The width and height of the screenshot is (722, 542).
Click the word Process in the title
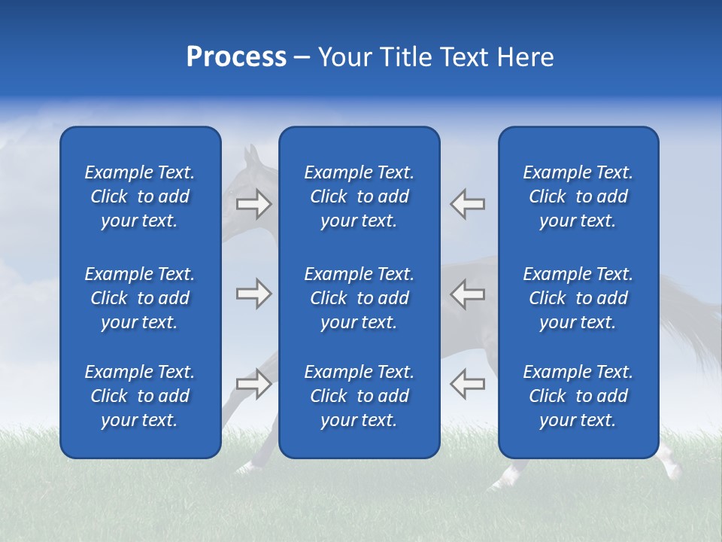[236, 57]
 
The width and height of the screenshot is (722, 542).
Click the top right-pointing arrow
[254, 203]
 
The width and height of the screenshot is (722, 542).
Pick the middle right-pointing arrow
[254, 294]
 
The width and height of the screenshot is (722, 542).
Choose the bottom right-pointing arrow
[254, 384]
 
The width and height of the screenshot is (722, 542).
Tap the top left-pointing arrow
[468, 203]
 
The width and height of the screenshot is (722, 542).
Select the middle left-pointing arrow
[468, 294]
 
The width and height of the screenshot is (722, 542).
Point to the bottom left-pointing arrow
[468, 384]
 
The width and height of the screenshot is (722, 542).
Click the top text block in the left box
[140, 196]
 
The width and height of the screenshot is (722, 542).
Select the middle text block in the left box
[140, 298]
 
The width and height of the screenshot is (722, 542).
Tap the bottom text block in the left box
[140, 396]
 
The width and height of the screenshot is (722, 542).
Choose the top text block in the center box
[359, 196]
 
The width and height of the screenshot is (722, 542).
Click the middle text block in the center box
[359, 298]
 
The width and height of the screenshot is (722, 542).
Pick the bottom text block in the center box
[359, 396]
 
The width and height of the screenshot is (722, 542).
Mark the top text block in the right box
[578, 196]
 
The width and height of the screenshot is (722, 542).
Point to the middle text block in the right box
[578, 298]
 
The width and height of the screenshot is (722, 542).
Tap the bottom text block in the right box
[578, 396]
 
